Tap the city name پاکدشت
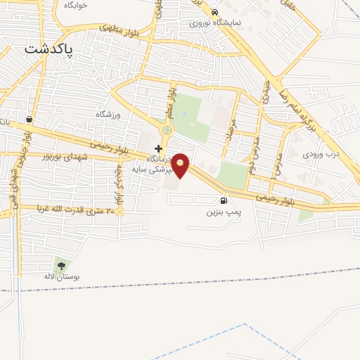pyautogui.click(x=53, y=49)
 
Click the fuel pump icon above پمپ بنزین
pyautogui.click(x=224, y=200)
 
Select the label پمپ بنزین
pyautogui.click(x=224, y=211)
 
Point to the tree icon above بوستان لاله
pyautogui.click(x=61, y=266)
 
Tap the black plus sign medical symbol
pyautogui.click(x=159, y=148)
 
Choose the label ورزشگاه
pyautogui.click(x=109, y=114)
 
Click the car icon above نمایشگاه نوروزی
pyautogui.click(x=214, y=12)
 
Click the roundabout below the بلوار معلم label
pyautogui.click(x=167, y=130)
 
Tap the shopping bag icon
pyautogui.click(x=28, y=119)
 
